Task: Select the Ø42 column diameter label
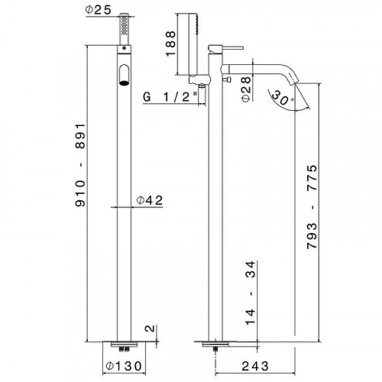(x=147, y=201)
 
